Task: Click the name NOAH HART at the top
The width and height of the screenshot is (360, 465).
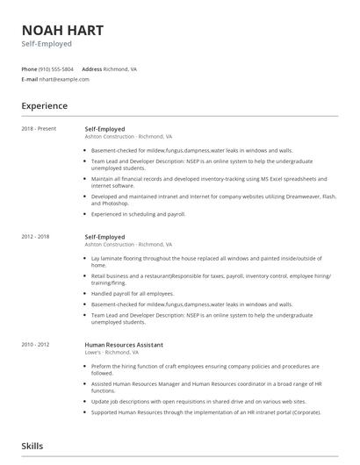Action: (62, 30)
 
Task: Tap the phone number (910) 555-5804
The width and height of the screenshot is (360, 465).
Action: (57, 68)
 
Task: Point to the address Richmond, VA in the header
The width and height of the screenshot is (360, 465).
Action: (121, 68)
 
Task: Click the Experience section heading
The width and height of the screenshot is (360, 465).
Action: (45, 106)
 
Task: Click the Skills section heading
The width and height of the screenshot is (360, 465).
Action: (32, 446)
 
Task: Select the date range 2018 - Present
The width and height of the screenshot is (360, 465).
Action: (40, 129)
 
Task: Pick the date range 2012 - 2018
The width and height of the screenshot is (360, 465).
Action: (37, 237)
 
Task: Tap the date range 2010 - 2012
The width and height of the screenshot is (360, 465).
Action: (37, 345)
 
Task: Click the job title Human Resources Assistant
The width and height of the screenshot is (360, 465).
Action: (124, 345)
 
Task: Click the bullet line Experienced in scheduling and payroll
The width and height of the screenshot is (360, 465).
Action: (139, 213)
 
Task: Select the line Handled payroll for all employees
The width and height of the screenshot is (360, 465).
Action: (133, 293)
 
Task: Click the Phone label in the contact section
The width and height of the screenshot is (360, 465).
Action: (29, 68)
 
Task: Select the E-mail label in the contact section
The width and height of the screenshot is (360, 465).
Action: (30, 79)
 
